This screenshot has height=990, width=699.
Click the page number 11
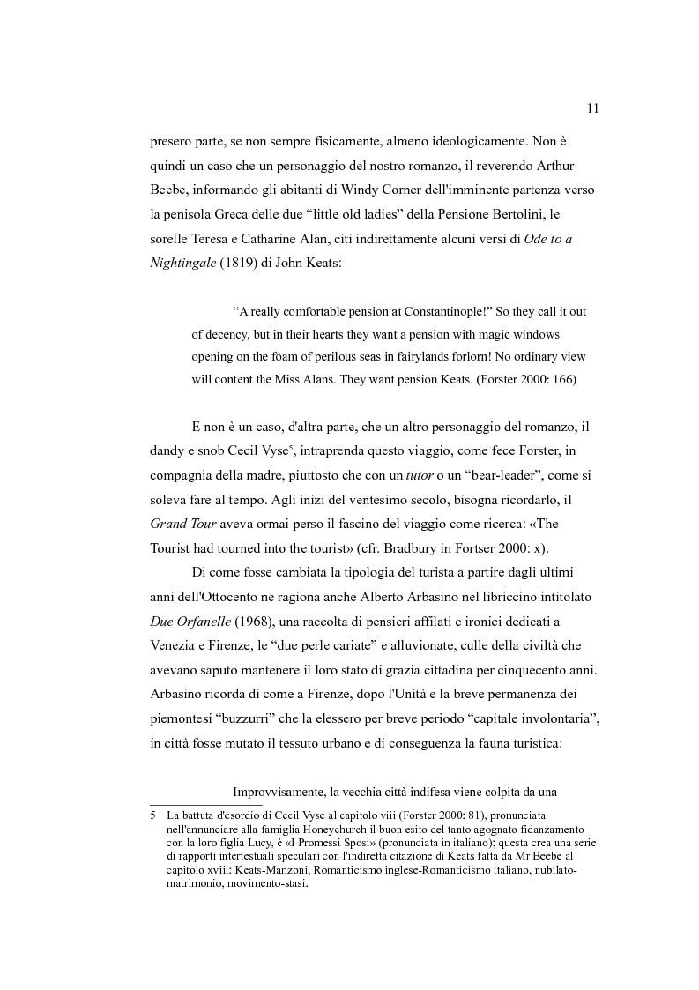(x=592, y=108)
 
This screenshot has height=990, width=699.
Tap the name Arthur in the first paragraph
(x=553, y=167)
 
